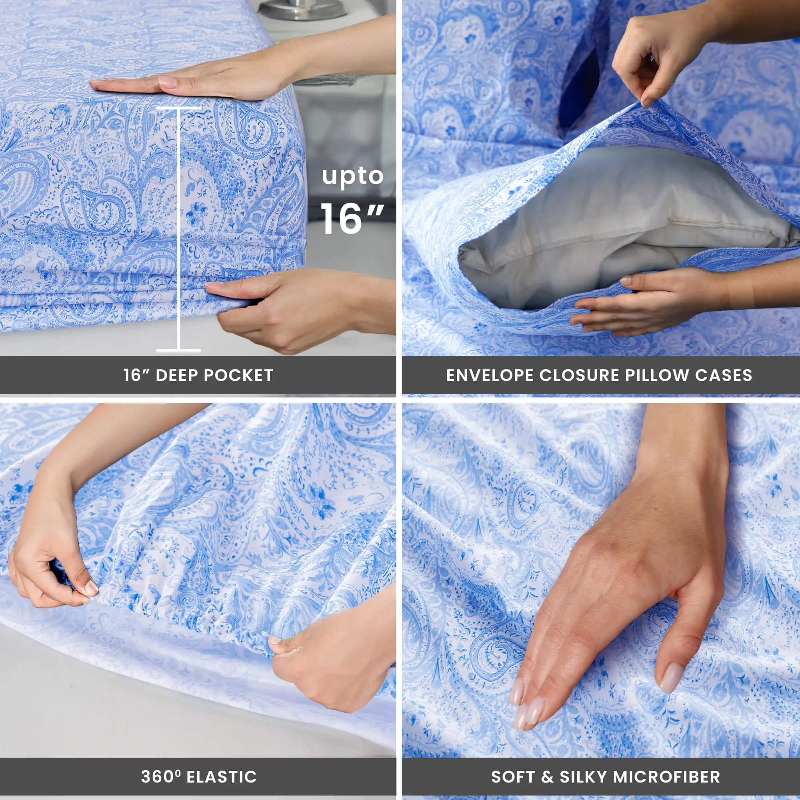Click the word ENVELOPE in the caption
coord(490,375)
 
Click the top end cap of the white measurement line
coord(178,108)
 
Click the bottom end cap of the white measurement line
coord(178,351)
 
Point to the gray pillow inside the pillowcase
coord(600,232)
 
